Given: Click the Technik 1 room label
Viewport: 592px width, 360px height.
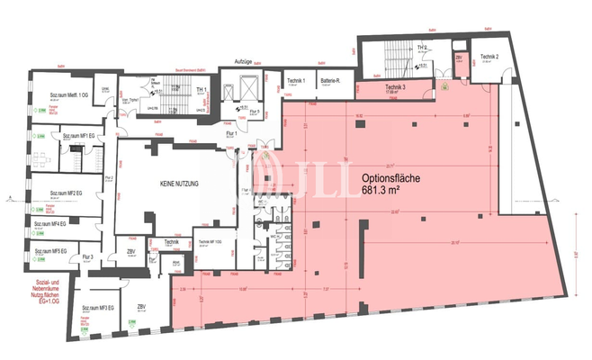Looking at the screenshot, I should (297, 81).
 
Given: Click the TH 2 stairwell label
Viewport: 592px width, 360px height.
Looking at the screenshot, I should (421, 48).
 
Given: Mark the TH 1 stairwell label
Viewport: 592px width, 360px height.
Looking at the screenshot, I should (203, 91).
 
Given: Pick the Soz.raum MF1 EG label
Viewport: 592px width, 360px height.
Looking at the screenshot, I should (80, 136).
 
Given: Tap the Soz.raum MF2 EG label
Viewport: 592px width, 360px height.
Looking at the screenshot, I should (65, 193).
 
